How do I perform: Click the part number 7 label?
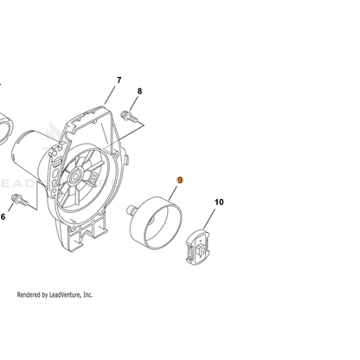119,80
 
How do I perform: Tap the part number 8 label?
139,91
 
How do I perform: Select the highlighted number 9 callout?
180,180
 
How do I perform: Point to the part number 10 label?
219,202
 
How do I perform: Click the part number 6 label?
3,216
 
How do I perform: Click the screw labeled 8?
129,116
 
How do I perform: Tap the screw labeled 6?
20,200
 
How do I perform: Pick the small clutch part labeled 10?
197,246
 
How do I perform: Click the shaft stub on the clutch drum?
131,209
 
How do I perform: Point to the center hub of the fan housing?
76,176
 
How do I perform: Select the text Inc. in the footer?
87,295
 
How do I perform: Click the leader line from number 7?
110,94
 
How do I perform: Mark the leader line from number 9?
172,194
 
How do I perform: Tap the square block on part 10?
201,247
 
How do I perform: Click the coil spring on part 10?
190,252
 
